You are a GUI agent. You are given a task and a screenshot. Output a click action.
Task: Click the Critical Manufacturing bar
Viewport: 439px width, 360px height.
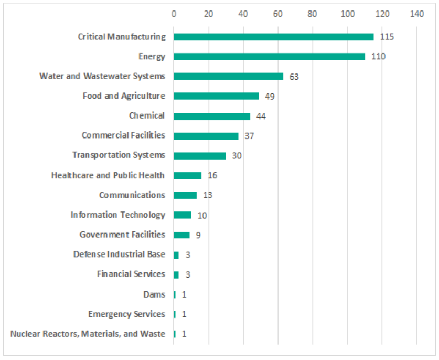click(x=273, y=37)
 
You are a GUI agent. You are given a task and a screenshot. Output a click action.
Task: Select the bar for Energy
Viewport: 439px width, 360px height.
click(x=269, y=57)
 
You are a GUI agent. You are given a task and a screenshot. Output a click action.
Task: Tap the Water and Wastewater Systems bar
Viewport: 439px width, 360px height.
click(x=228, y=77)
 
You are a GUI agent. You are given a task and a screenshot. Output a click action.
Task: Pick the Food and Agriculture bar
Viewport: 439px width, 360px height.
click(x=216, y=96)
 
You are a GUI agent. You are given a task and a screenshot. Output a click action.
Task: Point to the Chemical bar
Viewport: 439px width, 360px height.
click(x=212, y=116)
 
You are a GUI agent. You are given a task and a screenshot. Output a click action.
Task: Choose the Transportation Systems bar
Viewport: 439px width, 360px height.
click(x=199, y=156)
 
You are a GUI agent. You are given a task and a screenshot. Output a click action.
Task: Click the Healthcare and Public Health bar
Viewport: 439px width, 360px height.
click(x=187, y=175)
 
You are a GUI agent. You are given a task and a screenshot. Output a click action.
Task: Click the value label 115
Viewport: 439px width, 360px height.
click(x=387, y=37)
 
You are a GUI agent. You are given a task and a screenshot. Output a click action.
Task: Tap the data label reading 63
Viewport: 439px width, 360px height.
click(x=294, y=77)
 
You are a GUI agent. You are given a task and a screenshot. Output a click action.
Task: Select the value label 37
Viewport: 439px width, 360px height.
click(x=249, y=136)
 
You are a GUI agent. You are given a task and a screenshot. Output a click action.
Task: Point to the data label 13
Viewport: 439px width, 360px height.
click(x=207, y=195)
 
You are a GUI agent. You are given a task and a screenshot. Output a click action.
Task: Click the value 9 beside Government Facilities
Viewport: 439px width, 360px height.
click(x=198, y=235)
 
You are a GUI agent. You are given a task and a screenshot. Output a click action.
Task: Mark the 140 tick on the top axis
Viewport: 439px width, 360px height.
click(x=416, y=14)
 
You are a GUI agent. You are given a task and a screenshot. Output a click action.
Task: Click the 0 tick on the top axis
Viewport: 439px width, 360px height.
click(x=174, y=14)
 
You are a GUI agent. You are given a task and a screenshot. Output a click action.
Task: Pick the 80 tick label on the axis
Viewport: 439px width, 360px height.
click(x=313, y=14)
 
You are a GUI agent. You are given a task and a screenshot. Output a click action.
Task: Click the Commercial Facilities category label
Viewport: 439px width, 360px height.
click(x=123, y=135)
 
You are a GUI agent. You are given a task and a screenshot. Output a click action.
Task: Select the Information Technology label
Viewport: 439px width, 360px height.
click(x=117, y=215)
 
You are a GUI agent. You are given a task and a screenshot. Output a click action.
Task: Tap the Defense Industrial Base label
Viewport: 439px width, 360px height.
click(x=119, y=255)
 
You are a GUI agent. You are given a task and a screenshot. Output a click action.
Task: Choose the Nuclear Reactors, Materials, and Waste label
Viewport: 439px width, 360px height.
click(x=88, y=334)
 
